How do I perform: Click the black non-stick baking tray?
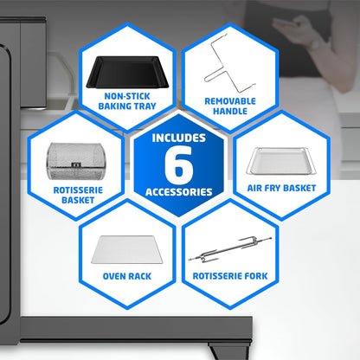point(127,72)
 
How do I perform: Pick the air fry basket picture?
point(281,161)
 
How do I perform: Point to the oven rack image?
point(127,249)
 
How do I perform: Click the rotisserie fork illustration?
point(230,250)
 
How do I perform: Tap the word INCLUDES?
point(179,138)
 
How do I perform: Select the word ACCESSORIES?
point(179,192)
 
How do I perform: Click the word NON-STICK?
point(127,96)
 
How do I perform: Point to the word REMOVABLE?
point(230,101)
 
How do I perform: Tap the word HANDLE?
point(230,111)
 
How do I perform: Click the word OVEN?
point(113,276)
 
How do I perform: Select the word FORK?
point(256,276)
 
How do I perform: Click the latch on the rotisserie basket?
point(76,165)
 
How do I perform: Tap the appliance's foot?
point(228,351)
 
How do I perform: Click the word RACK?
point(139,276)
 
